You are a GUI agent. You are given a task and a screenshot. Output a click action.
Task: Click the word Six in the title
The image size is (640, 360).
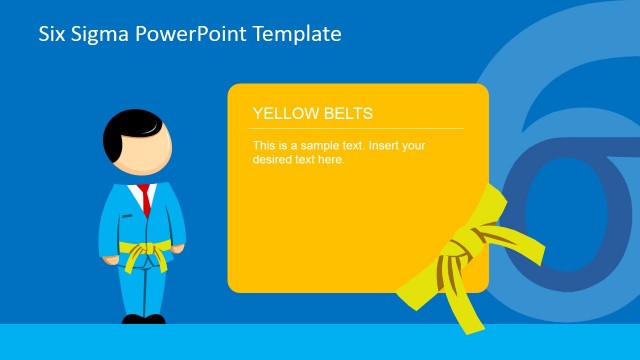(x=52, y=34)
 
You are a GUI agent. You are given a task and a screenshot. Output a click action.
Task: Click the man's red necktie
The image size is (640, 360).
(x=146, y=199)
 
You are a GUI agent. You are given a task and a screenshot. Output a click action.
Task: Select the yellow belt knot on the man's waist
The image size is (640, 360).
(x=144, y=251)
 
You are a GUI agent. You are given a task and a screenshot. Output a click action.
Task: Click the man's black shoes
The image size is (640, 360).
(x=143, y=319)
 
